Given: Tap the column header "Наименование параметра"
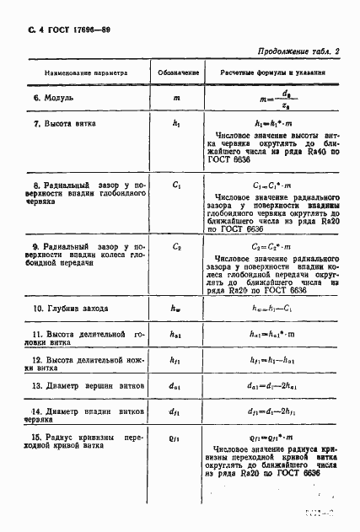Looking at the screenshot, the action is tap(82, 73).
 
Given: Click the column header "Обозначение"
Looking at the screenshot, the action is tap(176, 73).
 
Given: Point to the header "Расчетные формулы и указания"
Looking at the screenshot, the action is tap(274, 73).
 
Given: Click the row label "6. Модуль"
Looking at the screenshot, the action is tap(53, 98).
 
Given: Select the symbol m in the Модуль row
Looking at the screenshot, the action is tap(176, 99).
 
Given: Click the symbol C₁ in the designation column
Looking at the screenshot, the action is tap(176, 182).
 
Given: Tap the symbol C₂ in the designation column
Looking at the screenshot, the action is tap(176, 247).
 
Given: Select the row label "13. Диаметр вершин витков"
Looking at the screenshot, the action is tap(84, 385).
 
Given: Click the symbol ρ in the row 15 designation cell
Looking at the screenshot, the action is tap(176, 438).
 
